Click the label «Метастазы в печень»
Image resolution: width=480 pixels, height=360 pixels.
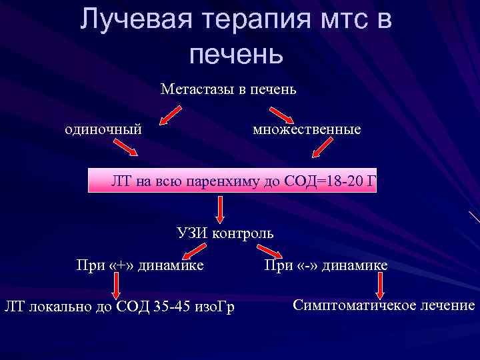[228, 88]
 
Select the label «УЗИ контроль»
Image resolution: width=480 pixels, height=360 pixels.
[225, 233]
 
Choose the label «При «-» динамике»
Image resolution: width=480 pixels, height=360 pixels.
[325, 266]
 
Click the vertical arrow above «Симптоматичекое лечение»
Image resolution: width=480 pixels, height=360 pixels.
[381, 287]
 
